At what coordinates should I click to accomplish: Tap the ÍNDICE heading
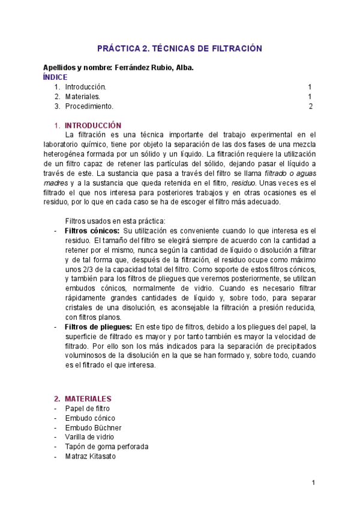(55, 77)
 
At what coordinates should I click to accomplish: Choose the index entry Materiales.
(83, 97)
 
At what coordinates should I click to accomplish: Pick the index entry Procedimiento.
(89, 106)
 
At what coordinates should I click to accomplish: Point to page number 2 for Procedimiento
(311, 106)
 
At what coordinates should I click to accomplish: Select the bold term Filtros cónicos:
(92, 230)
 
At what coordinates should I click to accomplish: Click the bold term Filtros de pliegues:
(98, 327)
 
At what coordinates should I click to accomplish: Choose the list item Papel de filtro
(88, 408)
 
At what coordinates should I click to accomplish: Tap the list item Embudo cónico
(90, 418)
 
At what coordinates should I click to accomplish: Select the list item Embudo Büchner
(93, 427)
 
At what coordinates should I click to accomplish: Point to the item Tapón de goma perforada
(107, 447)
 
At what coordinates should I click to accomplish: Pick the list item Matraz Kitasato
(91, 456)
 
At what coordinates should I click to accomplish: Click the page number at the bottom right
(313, 483)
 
